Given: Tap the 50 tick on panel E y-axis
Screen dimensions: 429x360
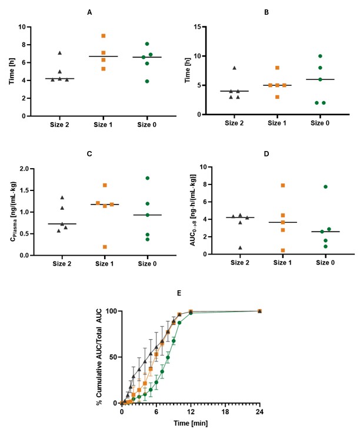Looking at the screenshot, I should (111, 357).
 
